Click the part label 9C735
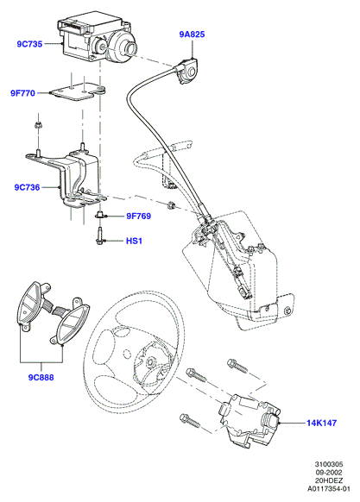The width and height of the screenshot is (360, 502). tap(29, 44)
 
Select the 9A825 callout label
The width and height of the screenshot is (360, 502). tap(192, 34)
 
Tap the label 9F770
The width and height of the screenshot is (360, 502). tap(22, 93)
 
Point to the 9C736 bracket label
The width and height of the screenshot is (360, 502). tap(28, 187)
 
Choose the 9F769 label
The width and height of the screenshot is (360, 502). tap(138, 216)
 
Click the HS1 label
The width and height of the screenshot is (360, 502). tap(134, 241)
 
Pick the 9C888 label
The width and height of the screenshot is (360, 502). tap(41, 378)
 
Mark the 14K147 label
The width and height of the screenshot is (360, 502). tap(321, 423)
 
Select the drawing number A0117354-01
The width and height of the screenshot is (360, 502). tap(329, 489)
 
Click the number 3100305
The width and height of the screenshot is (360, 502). tap(329, 464)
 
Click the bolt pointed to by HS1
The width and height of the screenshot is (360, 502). tap(98, 235)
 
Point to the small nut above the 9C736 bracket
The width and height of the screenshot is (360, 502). tap(38, 125)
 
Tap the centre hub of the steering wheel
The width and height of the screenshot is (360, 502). tap(149, 362)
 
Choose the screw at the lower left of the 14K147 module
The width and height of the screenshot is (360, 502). tap(189, 420)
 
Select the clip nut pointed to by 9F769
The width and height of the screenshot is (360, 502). tap(99, 216)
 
